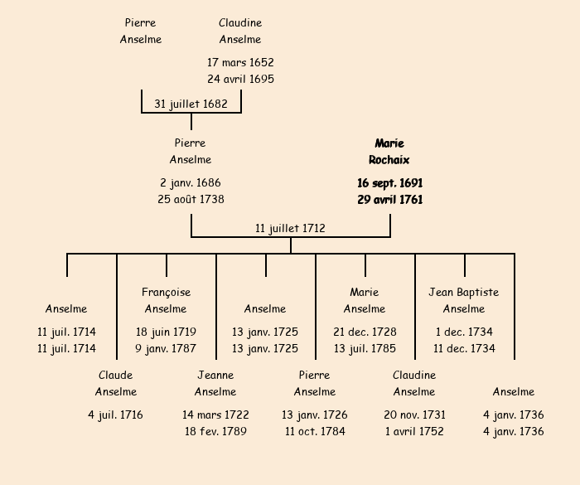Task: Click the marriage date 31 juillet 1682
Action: [x=191, y=104]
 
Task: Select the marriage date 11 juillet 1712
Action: [x=290, y=228]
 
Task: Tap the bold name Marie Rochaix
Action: [x=389, y=152]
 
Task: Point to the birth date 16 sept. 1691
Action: [x=389, y=182]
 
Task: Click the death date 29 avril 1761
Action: [x=389, y=200]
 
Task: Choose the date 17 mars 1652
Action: [x=240, y=62]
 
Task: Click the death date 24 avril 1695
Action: [x=240, y=80]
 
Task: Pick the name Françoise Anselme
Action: [x=166, y=300]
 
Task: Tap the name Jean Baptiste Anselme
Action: [x=464, y=300]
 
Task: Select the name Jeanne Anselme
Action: [x=215, y=383]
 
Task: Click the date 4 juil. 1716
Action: [x=115, y=415]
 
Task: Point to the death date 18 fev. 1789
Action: [x=215, y=431]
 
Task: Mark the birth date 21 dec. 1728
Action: [x=365, y=332]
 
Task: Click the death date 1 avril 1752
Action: [x=414, y=431]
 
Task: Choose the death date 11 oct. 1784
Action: [x=315, y=431]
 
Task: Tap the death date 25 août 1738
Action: [x=191, y=200]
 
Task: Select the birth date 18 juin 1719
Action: [x=166, y=332]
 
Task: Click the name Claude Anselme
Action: [x=115, y=383]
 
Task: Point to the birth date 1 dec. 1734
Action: [x=464, y=332]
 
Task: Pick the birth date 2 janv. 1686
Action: [x=191, y=182]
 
